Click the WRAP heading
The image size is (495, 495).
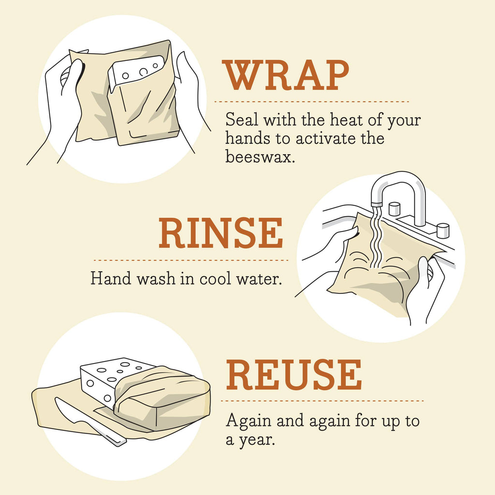pos(285,76)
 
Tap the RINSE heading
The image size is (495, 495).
pos(221,234)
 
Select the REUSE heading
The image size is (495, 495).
pos(294,376)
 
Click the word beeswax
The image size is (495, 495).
pos(260,157)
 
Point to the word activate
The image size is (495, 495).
pos(324,139)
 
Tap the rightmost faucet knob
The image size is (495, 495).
pos(442,230)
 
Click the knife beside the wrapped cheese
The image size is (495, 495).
pos(87,421)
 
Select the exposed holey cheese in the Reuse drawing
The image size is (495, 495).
pos(102,379)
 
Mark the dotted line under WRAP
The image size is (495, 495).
pos(312,102)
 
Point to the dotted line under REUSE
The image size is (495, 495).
pos(324,401)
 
